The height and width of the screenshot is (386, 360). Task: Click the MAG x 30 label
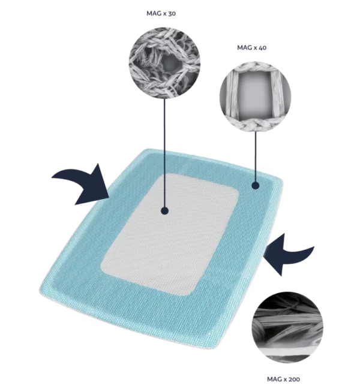(x=161, y=13)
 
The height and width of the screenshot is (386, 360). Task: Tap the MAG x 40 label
(x=251, y=47)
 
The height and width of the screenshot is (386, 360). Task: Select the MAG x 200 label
(x=283, y=379)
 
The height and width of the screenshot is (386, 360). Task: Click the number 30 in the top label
(x=172, y=13)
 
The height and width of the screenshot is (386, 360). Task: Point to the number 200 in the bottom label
(x=295, y=379)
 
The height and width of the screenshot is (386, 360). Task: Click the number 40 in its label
(x=262, y=47)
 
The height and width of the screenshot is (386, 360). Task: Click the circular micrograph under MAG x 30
(x=164, y=63)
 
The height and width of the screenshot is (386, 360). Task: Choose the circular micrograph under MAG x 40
(x=255, y=96)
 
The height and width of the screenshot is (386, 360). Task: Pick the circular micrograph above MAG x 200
(x=287, y=327)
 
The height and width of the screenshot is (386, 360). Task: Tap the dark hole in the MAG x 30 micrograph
(x=170, y=62)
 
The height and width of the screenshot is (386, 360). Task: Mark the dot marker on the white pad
(x=164, y=211)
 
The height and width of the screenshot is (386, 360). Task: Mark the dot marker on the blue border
(x=256, y=185)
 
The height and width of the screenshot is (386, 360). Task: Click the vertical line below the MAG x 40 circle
(x=256, y=157)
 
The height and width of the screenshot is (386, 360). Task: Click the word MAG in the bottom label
(x=275, y=379)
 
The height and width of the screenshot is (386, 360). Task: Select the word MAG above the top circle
(x=154, y=13)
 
